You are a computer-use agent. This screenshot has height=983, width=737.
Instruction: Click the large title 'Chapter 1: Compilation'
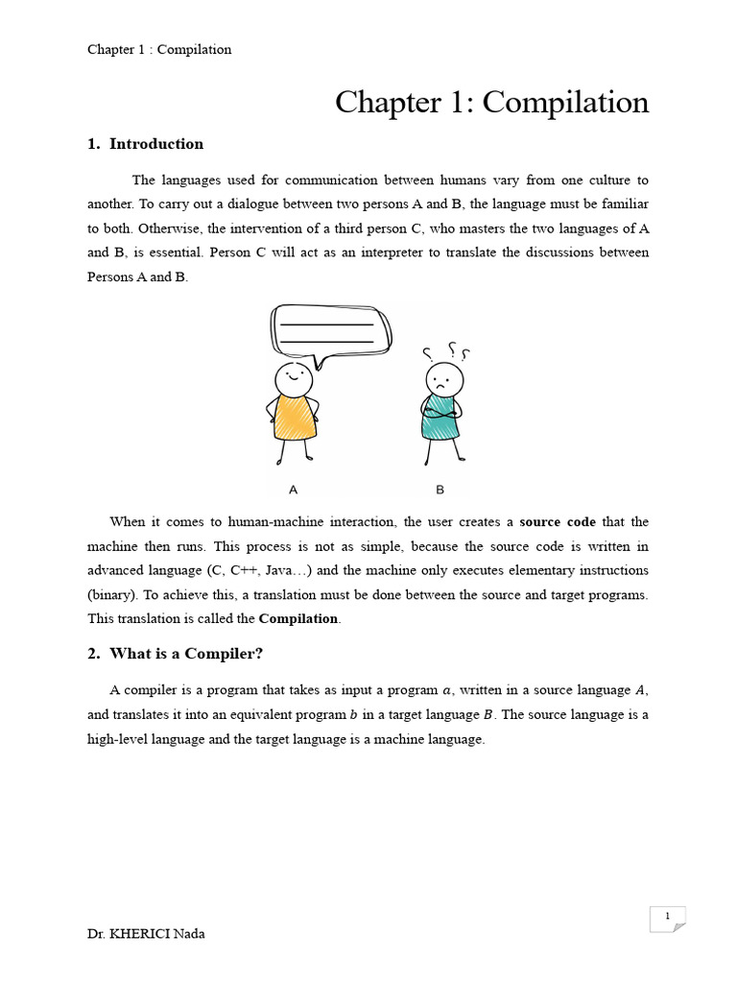coord(491,103)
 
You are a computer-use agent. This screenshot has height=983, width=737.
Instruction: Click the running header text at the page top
coord(159,49)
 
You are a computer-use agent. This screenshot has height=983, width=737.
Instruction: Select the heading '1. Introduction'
coord(146,144)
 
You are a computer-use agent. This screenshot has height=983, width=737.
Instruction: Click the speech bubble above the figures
coord(331,331)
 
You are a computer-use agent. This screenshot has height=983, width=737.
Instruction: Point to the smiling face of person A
coord(294,377)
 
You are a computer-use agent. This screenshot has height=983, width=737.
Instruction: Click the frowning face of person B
coord(443,379)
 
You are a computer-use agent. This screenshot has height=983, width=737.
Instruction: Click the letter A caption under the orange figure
coord(294,490)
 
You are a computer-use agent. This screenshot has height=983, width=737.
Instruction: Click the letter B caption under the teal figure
coord(440,490)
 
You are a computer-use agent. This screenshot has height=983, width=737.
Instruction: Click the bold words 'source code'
coord(558,522)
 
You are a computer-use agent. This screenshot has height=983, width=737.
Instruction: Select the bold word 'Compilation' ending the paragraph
coord(299,618)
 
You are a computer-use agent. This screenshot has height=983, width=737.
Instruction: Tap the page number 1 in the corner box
coord(666,917)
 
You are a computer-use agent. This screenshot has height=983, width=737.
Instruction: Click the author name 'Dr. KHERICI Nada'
coord(146,934)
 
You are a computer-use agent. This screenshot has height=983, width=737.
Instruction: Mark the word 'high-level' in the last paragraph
coord(118,739)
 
